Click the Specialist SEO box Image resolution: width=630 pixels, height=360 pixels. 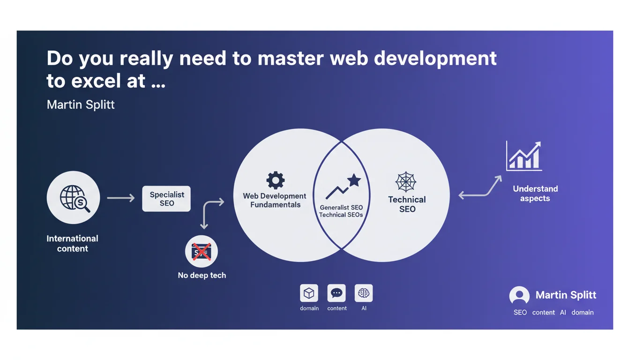[x=166, y=199]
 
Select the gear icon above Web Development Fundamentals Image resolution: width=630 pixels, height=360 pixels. [x=275, y=180]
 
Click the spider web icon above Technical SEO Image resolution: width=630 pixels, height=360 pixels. [x=405, y=182]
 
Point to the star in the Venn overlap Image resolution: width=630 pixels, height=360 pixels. [x=354, y=180]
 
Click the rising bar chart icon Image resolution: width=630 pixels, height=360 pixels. [x=524, y=156]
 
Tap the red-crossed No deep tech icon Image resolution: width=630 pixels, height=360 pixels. [x=202, y=251]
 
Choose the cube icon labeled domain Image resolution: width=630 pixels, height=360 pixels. [x=309, y=293]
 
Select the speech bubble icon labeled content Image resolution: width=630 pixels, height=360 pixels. [x=337, y=293]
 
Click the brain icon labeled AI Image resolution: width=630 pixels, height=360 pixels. [x=364, y=293]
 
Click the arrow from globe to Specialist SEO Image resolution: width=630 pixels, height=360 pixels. [x=121, y=198]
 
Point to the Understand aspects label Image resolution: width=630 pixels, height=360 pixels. [x=535, y=194]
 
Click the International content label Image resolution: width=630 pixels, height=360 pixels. [x=72, y=244]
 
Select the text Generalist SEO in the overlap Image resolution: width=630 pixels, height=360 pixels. [x=341, y=208]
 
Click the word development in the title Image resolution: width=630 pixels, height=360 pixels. [x=435, y=59]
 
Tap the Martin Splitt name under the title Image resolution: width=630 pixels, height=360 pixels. [x=81, y=105]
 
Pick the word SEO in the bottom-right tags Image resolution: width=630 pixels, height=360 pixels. [x=520, y=313]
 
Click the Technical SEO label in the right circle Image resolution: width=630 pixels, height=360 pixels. [x=407, y=204]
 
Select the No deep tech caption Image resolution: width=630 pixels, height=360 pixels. [x=202, y=275]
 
